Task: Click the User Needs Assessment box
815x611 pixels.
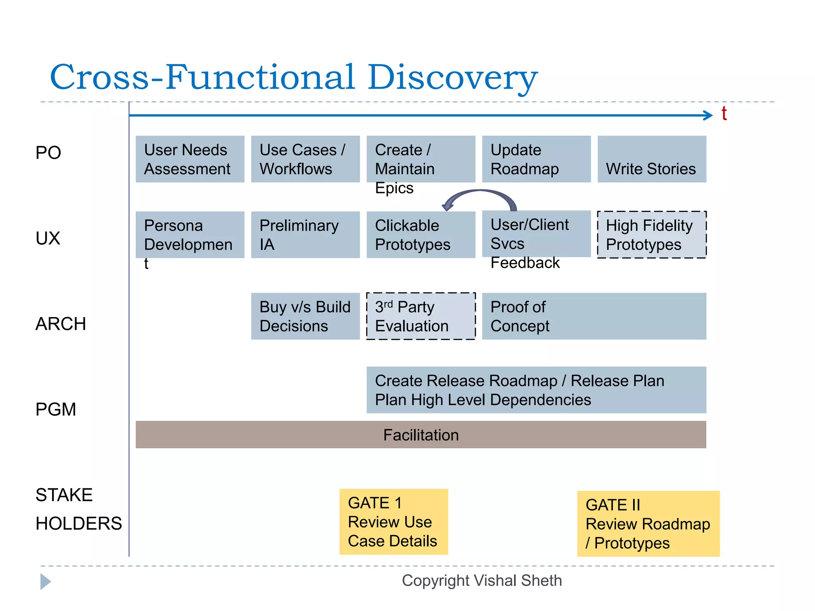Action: tap(190, 159)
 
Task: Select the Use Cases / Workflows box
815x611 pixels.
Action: tap(305, 159)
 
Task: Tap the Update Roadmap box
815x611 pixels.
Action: tap(536, 159)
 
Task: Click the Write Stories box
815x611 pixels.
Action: tap(651, 159)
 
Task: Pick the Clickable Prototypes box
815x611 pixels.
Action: tap(421, 235)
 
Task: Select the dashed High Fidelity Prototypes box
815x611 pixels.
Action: tap(651, 235)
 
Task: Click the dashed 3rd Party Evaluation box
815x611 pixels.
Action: tap(421, 316)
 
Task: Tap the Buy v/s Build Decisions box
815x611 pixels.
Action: tap(305, 316)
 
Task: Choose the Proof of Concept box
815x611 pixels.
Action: tap(594, 316)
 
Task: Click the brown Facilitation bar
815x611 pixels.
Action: tap(421, 434)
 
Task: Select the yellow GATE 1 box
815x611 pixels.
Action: tap(393, 521)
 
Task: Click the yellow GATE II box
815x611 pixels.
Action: tap(648, 523)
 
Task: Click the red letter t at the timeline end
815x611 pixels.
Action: tap(724, 114)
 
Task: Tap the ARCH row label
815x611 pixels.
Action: tap(60, 324)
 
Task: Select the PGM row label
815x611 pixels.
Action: tap(56, 409)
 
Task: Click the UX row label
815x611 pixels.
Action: tap(48, 238)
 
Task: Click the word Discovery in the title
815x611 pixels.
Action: tap(452, 77)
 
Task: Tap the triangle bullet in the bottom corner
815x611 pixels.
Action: tap(45, 582)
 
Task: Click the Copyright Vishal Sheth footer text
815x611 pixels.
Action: tap(482, 581)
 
